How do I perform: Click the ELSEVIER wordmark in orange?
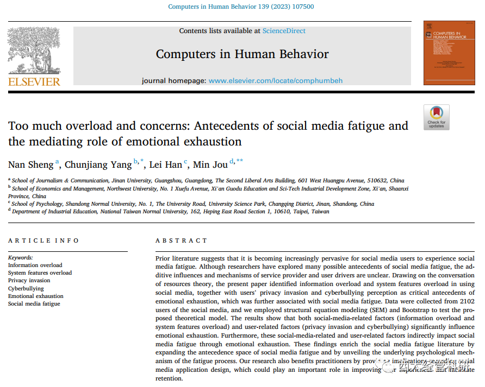[34, 81]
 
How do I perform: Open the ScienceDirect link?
[284, 31]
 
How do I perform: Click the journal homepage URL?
[275, 80]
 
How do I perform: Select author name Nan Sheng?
[30, 164]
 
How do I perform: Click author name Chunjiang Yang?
[98, 164]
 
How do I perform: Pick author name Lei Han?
[166, 164]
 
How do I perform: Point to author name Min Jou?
[211, 164]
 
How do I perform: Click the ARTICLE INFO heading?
[43, 240]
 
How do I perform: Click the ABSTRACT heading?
[181, 240]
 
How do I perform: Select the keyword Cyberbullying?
[26, 288]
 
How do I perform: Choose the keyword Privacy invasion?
[29, 281]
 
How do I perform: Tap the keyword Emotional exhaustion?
[35, 296]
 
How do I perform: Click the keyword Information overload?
[35, 265]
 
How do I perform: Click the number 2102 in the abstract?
[467, 301]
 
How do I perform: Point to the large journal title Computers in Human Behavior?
[242, 54]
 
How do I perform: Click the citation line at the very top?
[241, 7]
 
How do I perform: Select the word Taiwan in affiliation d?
[319, 212]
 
